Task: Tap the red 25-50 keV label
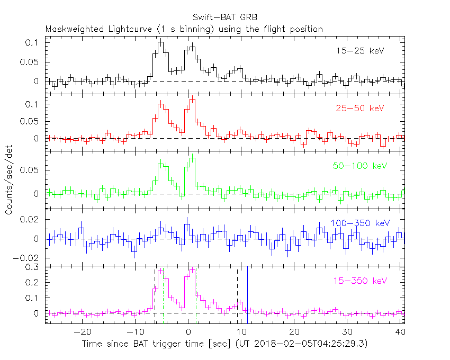[x=359, y=109]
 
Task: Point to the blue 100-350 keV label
[x=359, y=223]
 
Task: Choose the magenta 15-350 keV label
[x=359, y=280]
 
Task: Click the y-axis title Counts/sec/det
[x=10, y=180]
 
